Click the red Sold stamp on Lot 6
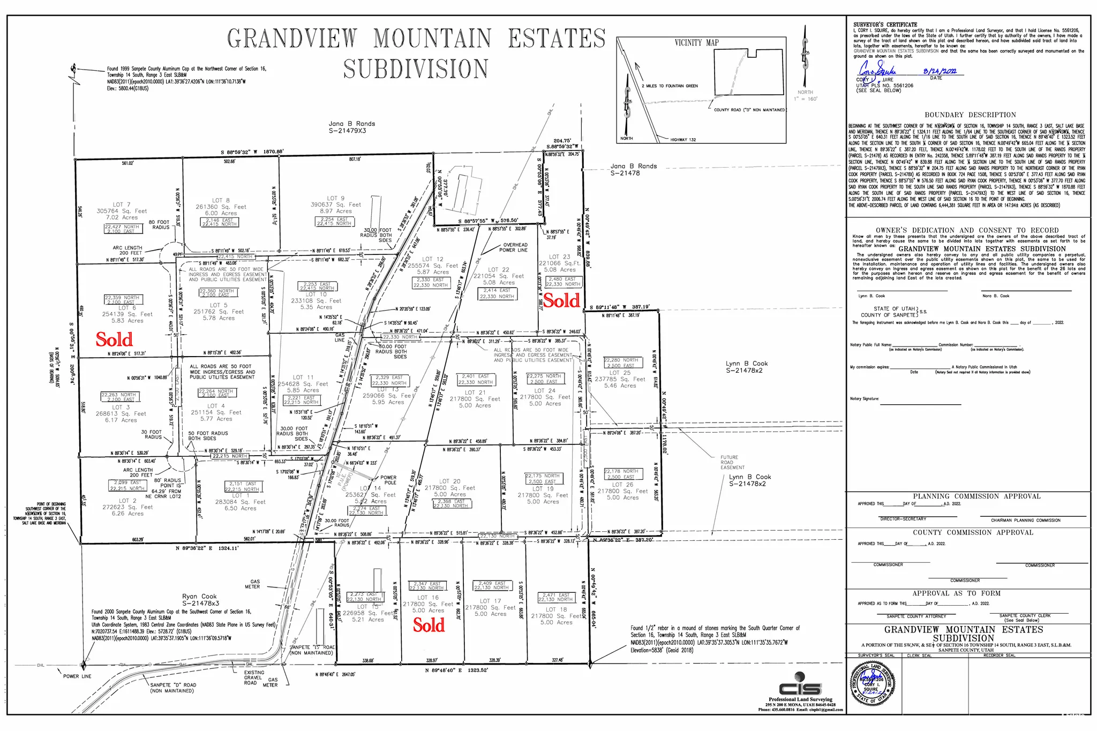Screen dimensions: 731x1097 tap(114, 340)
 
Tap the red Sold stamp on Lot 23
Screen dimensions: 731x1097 tap(562, 301)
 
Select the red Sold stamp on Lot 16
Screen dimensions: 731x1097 tap(429, 625)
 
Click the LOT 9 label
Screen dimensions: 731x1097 tap(336, 198)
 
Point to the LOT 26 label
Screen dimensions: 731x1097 tap(622, 485)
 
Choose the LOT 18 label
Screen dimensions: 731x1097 tap(556, 609)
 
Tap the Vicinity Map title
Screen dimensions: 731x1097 tap(696, 43)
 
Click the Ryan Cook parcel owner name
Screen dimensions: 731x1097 tap(199, 596)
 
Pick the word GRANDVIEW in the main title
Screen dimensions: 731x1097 tap(292, 39)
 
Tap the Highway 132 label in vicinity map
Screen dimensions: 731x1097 tap(683, 140)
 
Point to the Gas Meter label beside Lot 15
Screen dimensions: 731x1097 tap(252, 584)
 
